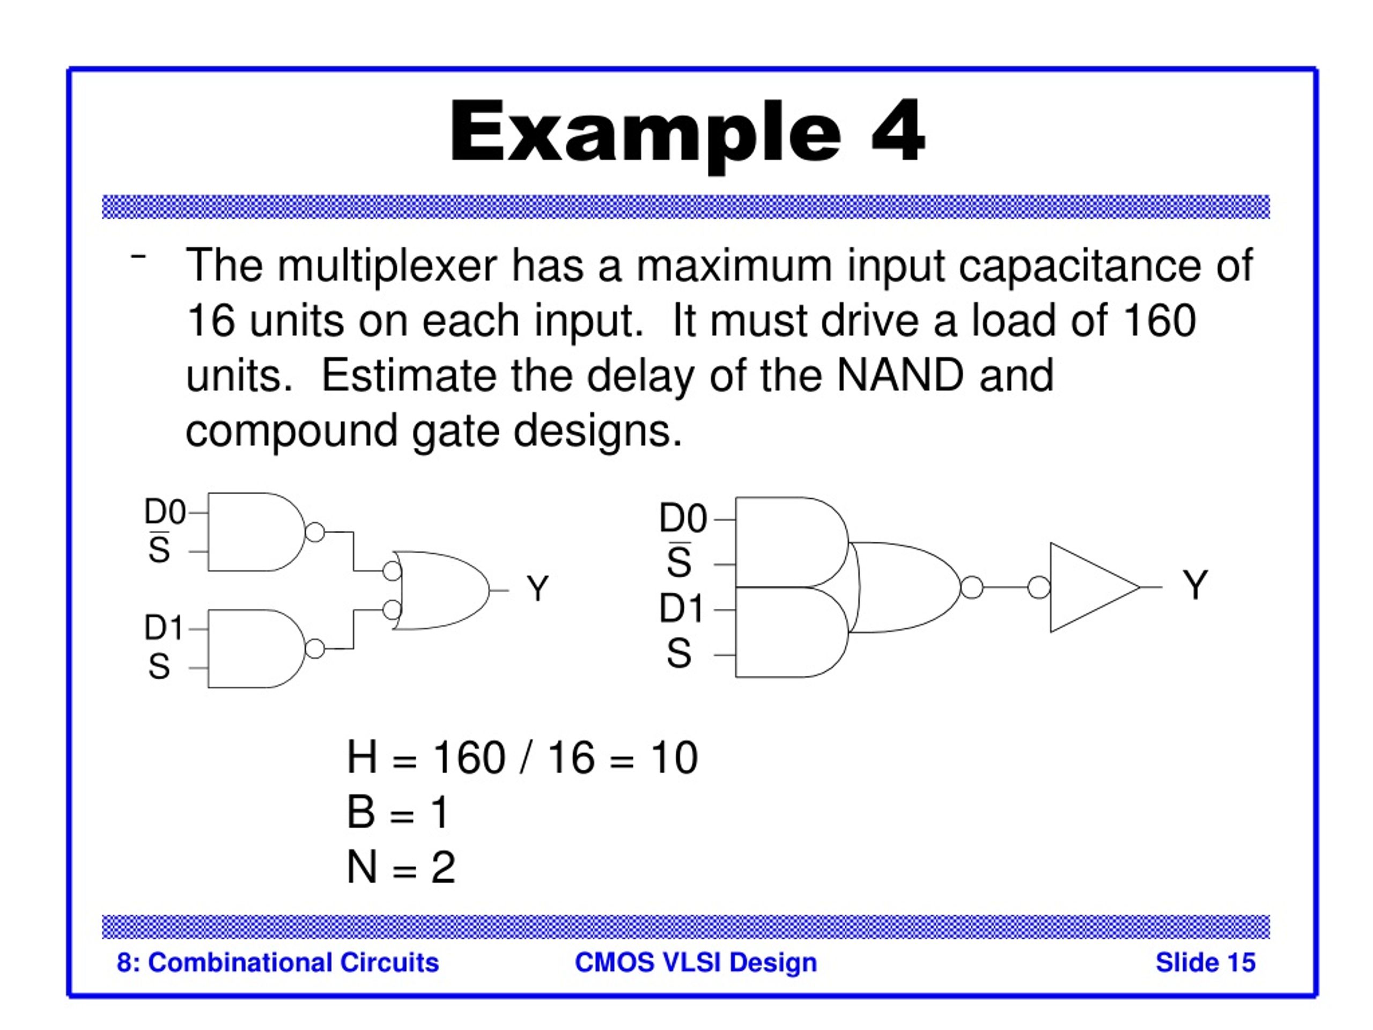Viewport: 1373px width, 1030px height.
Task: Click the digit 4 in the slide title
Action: point(897,131)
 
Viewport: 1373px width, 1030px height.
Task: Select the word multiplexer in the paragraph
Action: point(387,266)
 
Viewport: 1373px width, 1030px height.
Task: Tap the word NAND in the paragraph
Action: point(900,375)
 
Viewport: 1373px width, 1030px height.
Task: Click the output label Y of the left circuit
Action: point(537,588)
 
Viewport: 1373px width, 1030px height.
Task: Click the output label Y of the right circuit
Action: point(1195,584)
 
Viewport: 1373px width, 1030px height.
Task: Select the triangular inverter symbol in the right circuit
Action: point(1094,587)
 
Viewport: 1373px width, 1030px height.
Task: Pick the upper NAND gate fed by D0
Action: point(256,532)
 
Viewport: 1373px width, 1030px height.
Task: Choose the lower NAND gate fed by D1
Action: point(256,649)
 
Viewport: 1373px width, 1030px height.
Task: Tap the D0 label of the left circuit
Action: point(165,512)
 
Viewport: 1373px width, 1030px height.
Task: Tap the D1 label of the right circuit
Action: point(681,608)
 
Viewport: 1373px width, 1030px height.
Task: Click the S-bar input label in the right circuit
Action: point(679,561)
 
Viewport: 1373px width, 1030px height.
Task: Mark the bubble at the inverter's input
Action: point(1039,587)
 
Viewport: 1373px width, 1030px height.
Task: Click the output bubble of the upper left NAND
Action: point(315,532)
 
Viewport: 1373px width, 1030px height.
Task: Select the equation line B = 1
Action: point(398,812)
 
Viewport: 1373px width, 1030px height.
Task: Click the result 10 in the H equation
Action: point(674,757)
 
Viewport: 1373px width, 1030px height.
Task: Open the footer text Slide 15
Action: point(1206,963)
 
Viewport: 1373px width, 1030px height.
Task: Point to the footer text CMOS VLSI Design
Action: point(696,963)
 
